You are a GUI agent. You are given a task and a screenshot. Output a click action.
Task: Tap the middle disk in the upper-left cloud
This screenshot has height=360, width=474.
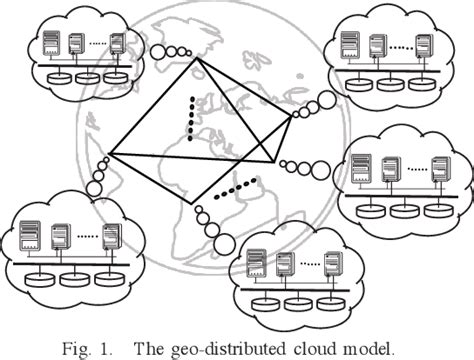pos(85,77)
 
